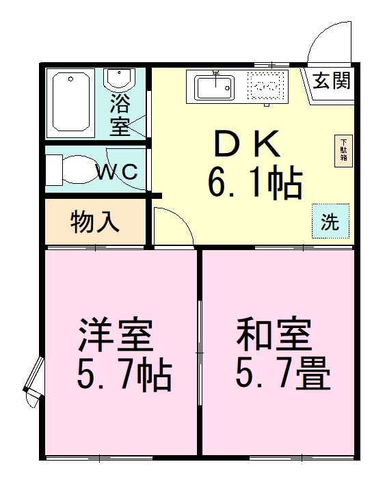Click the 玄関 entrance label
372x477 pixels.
click(x=332, y=81)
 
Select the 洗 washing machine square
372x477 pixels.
click(x=330, y=221)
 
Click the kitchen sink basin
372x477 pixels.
click(x=215, y=87)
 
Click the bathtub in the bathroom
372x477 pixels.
click(x=72, y=103)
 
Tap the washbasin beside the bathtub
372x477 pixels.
click(x=120, y=80)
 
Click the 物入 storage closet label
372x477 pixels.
click(x=96, y=221)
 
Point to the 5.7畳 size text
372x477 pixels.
click(x=282, y=373)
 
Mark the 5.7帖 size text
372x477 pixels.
click(x=123, y=374)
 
